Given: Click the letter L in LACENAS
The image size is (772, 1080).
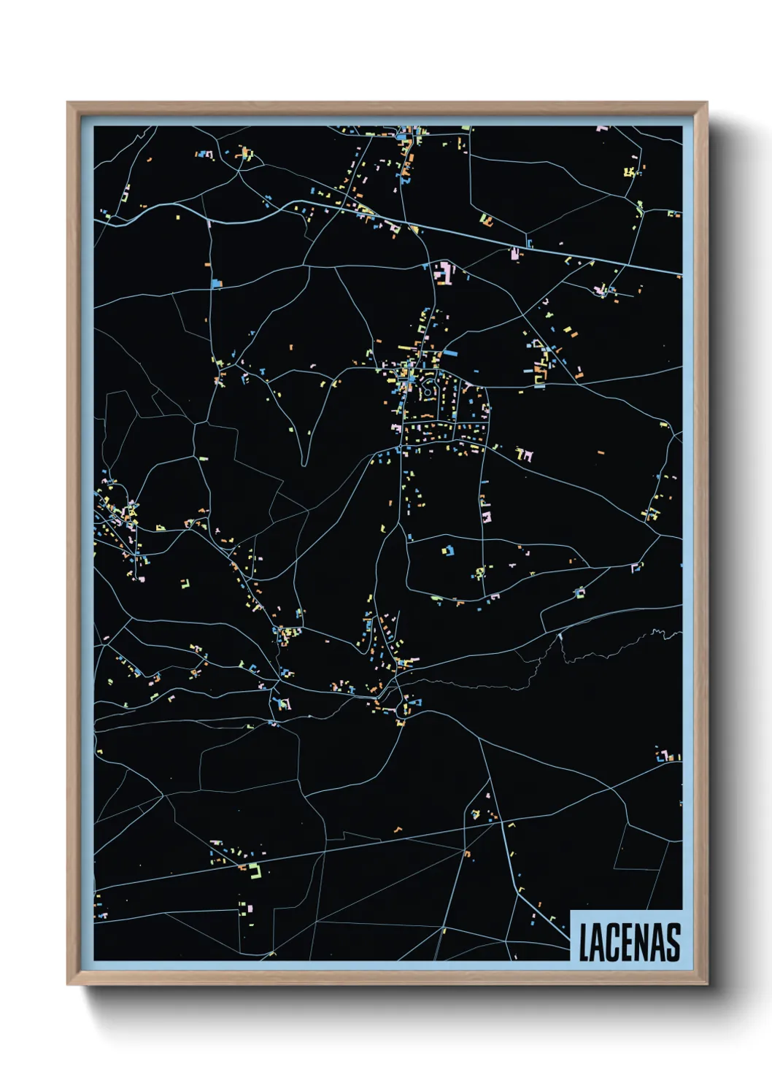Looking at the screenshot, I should pyautogui.click(x=584, y=943).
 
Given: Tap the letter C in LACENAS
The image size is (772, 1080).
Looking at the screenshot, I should pyautogui.click(x=614, y=943).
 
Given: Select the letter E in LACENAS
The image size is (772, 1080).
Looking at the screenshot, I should pyautogui.click(x=628, y=943).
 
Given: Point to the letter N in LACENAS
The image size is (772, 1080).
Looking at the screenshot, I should pyautogui.click(x=642, y=943).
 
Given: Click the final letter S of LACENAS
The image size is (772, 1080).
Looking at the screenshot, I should pyautogui.click(x=673, y=943).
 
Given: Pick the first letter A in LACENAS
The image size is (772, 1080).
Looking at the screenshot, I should pyautogui.click(x=598, y=943).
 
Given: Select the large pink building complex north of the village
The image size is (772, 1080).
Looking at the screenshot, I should pyautogui.click(x=444, y=274).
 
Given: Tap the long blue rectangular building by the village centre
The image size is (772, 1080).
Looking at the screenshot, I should pyautogui.click(x=450, y=353).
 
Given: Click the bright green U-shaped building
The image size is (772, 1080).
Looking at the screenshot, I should pyautogui.click(x=255, y=869).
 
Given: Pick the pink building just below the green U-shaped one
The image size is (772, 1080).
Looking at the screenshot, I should pyautogui.click(x=247, y=909).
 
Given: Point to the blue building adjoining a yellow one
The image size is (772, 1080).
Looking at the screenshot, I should pyautogui.click(x=449, y=549).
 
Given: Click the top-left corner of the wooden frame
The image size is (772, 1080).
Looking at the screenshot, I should pyautogui.click(x=69, y=103).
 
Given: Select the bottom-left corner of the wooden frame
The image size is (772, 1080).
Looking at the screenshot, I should pyautogui.click(x=69, y=984).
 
